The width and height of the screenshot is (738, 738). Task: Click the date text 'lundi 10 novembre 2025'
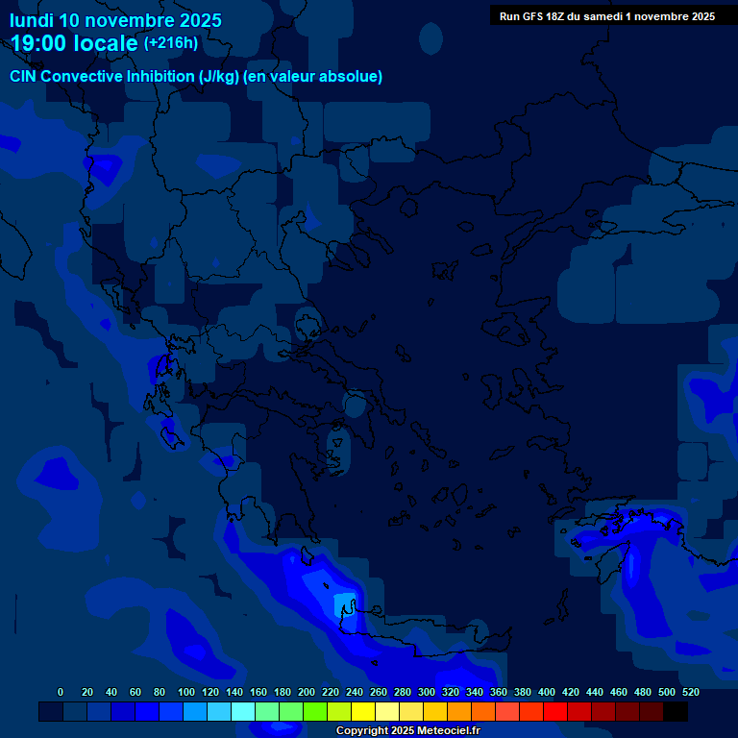pyautogui.click(x=115, y=20)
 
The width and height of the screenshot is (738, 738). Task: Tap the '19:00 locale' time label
pyautogui.click(x=75, y=43)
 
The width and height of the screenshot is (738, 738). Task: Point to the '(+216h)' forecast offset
pyautogui.click(x=171, y=42)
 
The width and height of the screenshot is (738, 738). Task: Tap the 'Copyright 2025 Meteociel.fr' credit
pyautogui.click(x=407, y=730)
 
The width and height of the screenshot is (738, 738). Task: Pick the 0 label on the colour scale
pyautogui.click(x=61, y=692)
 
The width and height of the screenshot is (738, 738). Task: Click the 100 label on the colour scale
pyautogui.click(x=186, y=692)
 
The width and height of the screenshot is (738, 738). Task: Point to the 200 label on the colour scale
pyautogui.click(x=307, y=692)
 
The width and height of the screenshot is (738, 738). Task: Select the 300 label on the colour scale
pyautogui.click(x=427, y=692)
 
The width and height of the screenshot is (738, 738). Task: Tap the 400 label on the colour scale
pyautogui.click(x=547, y=692)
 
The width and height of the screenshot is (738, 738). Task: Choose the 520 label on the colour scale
pyautogui.click(x=691, y=692)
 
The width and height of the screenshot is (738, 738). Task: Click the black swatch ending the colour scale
pyautogui.click(x=676, y=711)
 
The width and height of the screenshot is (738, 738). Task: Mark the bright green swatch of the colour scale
pyautogui.click(x=315, y=711)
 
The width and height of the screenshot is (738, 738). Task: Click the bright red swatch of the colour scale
pyautogui.click(x=555, y=711)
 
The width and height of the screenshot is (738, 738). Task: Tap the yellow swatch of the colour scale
pyautogui.click(x=363, y=711)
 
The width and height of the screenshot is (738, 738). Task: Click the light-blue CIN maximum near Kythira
pyautogui.click(x=342, y=604)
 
